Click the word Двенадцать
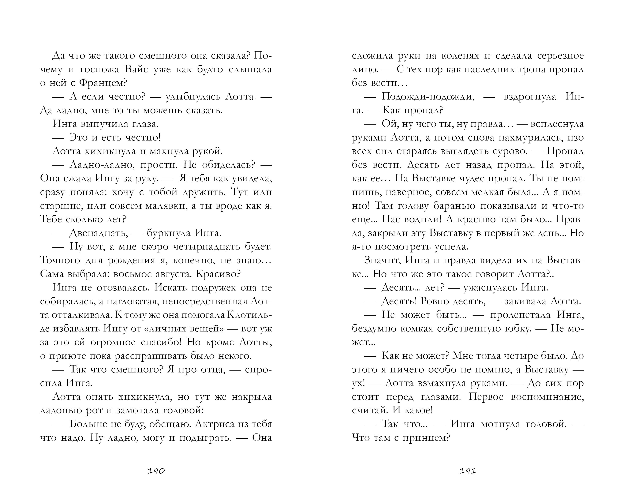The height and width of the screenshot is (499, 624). coord(99,233)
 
